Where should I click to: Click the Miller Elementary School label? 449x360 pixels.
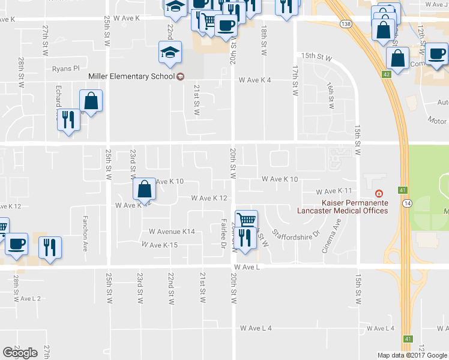tap(131, 76)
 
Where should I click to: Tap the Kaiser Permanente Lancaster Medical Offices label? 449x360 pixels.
tap(342, 206)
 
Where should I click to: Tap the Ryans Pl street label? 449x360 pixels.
tap(65, 69)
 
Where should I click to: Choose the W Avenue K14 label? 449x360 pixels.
tap(172, 232)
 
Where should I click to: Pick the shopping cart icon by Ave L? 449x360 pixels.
tap(246, 220)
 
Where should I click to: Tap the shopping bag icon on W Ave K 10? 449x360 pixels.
tap(145, 190)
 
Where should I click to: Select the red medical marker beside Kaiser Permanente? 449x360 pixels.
tap(378, 193)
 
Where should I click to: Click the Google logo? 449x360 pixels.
tap(20, 353)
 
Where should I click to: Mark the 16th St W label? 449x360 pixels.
tap(330, 96)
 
